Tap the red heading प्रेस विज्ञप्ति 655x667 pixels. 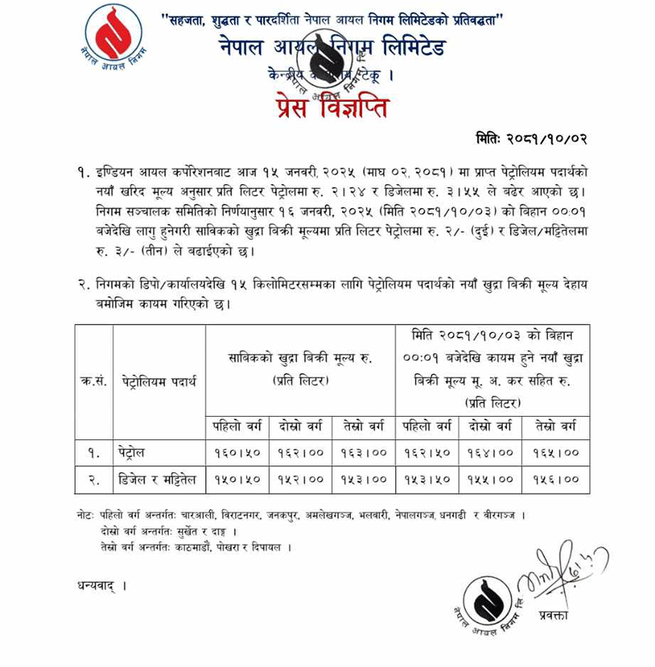(x=332, y=108)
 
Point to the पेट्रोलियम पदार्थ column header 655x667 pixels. (x=159, y=382)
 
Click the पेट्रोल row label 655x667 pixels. (x=132, y=452)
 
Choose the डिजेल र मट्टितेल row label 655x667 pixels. (x=156, y=479)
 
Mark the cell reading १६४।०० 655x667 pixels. (x=491, y=452)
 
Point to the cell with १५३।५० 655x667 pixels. (x=427, y=479)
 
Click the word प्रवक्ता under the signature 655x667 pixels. (x=554, y=615)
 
